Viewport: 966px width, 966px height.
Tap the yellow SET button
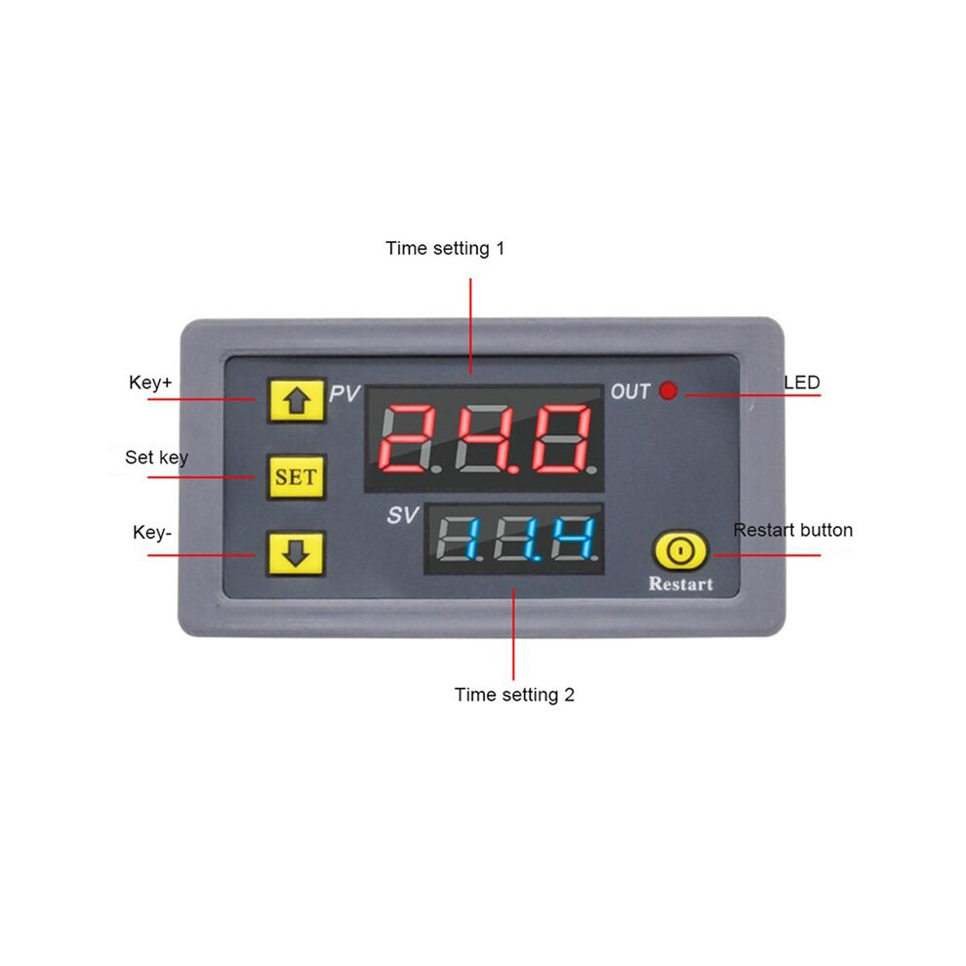point(297,477)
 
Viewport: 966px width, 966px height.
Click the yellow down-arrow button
point(297,553)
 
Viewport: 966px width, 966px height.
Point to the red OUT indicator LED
point(668,390)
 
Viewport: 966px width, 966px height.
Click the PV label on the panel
point(343,393)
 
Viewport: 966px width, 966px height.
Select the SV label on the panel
point(402,515)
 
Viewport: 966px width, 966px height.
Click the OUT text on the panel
point(630,391)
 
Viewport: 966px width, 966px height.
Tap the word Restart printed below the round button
point(681,584)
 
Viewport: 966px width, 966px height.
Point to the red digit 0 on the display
point(562,438)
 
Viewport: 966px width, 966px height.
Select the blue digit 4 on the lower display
point(573,539)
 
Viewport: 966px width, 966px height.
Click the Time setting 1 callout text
point(445,248)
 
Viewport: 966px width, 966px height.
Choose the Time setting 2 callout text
point(514,695)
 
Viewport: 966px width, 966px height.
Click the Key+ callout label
point(150,382)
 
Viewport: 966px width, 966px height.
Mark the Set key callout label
point(156,458)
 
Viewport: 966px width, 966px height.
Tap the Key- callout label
point(152,533)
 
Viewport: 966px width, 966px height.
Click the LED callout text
point(801,382)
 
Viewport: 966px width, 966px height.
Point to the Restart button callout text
point(793,530)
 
